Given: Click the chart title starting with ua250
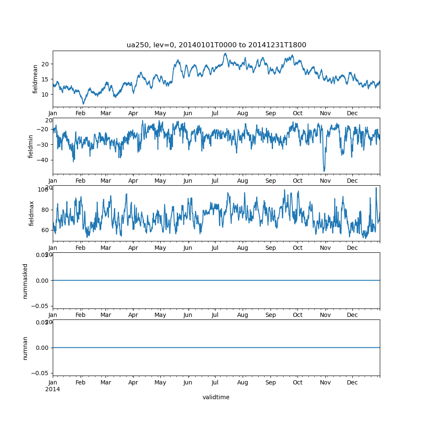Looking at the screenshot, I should [x=216, y=45].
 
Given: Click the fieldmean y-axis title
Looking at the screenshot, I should [x=35, y=79].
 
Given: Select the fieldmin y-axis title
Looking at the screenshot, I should [x=31, y=146].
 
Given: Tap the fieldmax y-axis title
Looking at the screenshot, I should [x=31, y=214].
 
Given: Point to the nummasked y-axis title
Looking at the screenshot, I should [x=25, y=281].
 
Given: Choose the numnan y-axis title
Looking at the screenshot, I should [x=25, y=348].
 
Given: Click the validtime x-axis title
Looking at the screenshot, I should [x=216, y=397].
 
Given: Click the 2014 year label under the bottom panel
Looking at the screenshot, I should [x=52, y=389].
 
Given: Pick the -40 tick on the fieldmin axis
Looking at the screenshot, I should [x=43, y=160].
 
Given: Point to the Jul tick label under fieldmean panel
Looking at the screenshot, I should [x=215, y=113].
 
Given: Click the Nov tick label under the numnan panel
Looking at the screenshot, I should [x=325, y=382].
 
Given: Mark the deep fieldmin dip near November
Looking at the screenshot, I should [x=324, y=171].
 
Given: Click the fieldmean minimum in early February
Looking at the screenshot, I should [x=83, y=104].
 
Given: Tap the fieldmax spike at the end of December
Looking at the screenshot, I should [x=376, y=188].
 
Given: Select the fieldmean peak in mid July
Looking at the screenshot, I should [x=225, y=54].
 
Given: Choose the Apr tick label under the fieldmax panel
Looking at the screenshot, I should [x=133, y=248].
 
